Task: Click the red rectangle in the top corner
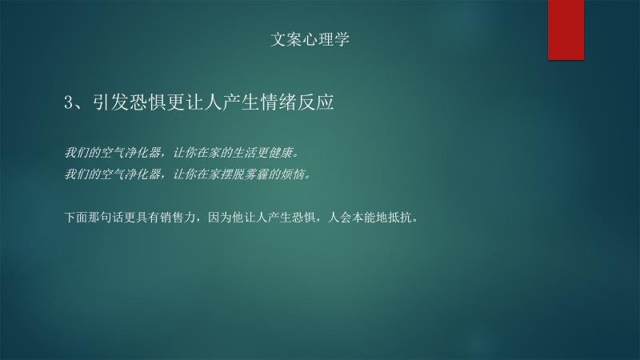566,30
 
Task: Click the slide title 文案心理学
310,39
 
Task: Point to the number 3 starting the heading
68,102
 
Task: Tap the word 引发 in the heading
111,102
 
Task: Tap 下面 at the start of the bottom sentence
76,218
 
